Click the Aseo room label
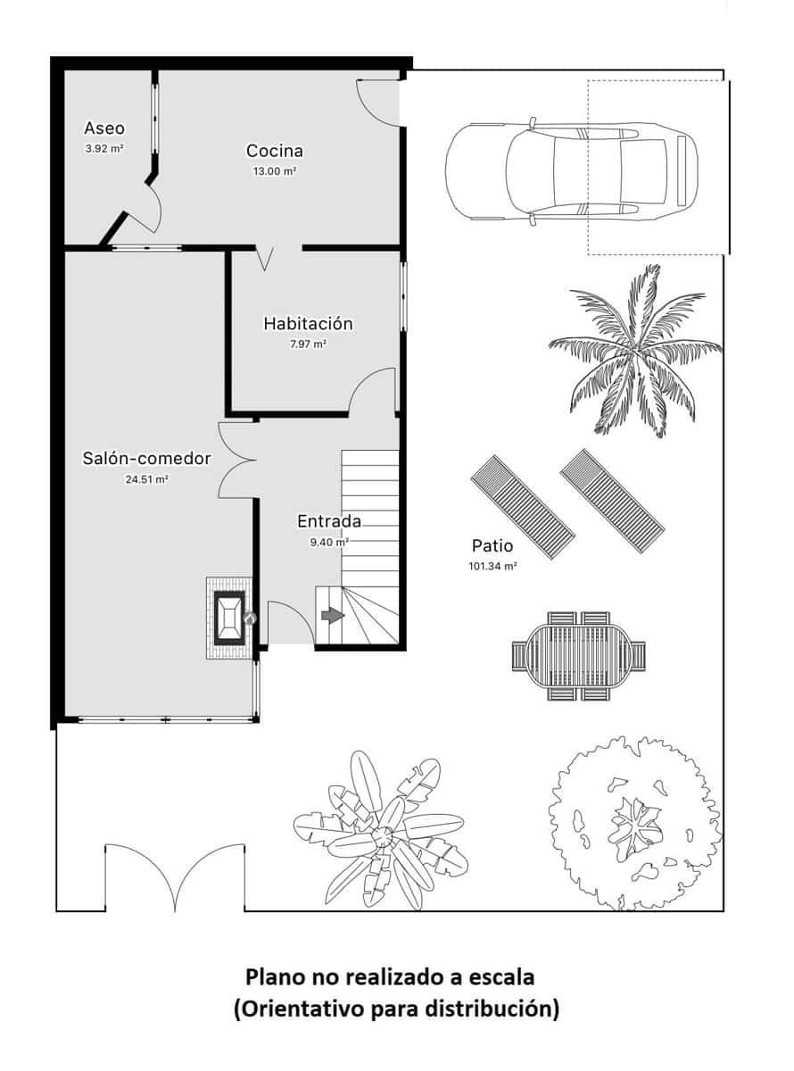(104, 129)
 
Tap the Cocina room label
(275, 151)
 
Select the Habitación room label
(308, 323)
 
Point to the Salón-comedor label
(146, 459)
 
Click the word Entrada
(328, 521)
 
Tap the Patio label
(492, 546)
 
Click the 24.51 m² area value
(147, 479)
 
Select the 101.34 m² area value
(492, 566)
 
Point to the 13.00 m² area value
(275, 170)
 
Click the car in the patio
(571, 170)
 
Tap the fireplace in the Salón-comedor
(228, 618)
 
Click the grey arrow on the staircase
(332, 615)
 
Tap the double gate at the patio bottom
(173, 879)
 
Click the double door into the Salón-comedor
(239, 461)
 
